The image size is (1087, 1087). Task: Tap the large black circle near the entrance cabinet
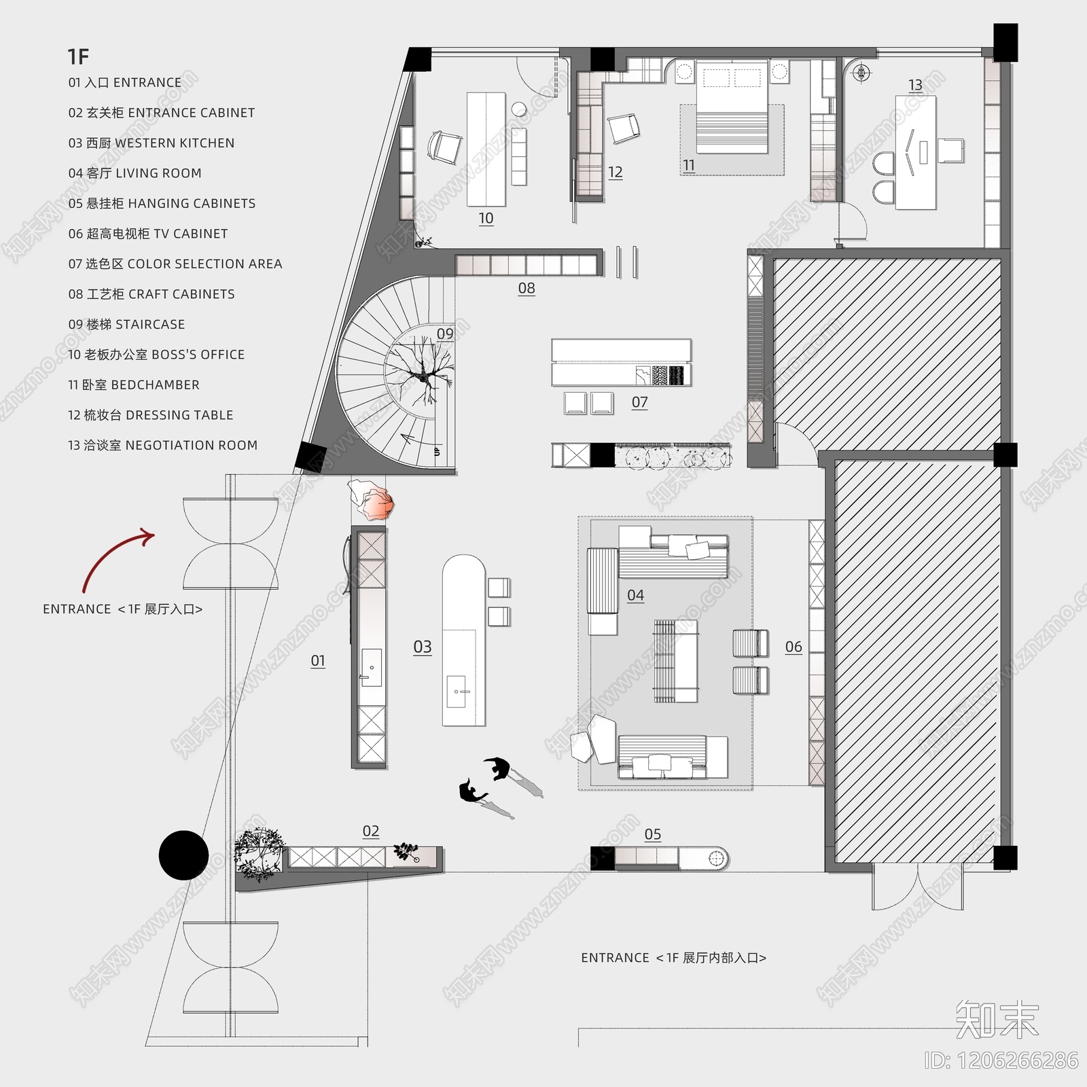(x=183, y=855)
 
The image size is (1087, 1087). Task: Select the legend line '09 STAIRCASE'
(x=126, y=324)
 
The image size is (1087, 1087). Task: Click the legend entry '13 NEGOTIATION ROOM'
(x=162, y=445)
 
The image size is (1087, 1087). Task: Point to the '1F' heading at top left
(x=78, y=56)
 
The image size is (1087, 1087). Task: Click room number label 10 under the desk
(x=486, y=218)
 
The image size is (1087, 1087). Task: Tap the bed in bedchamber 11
(x=732, y=109)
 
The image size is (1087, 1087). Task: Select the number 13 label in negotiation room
(x=915, y=85)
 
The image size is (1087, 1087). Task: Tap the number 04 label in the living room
(x=635, y=595)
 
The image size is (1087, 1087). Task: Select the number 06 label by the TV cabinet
(x=794, y=647)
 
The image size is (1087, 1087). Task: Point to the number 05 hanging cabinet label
(x=652, y=834)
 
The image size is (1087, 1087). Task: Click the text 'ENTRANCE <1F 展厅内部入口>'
(x=673, y=958)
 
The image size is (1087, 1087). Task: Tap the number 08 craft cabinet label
(x=527, y=288)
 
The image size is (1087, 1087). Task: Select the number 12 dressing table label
(x=615, y=172)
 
